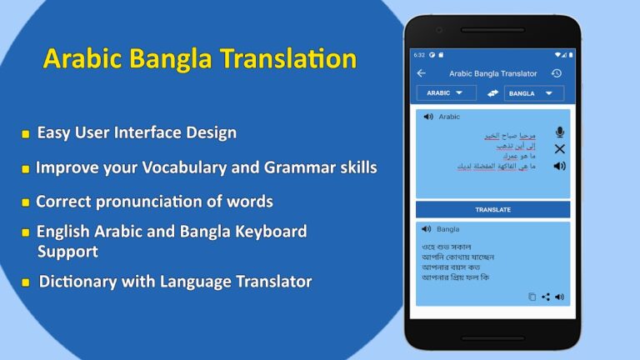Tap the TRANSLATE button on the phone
click(492, 209)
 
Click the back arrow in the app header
click(421, 73)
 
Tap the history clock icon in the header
click(557, 73)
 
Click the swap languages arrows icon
click(492, 93)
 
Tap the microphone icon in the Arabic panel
click(559, 132)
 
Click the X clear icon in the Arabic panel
click(559, 149)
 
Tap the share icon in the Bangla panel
click(546, 297)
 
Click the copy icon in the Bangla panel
click(532, 297)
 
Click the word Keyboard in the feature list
click(267, 232)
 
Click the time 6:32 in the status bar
click(419, 55)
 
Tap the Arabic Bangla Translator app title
click(492, 73)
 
